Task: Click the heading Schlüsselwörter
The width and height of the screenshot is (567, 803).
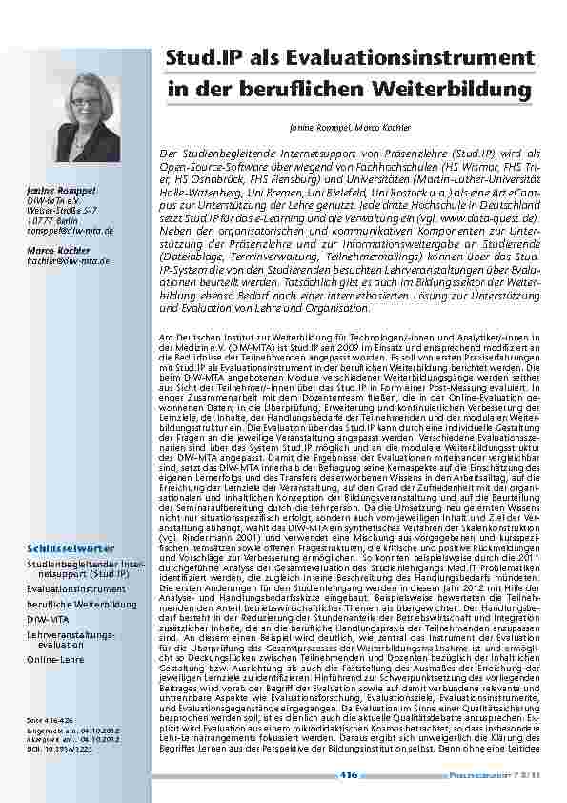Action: coord(72,549)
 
